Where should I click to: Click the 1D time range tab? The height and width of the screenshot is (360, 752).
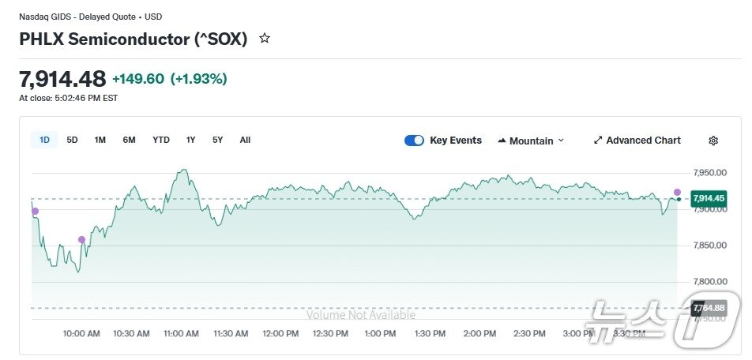[x=45, y=140]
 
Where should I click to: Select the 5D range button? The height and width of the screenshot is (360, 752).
[x=72, y=140]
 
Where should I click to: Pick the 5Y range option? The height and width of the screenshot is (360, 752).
[x=217, y=140]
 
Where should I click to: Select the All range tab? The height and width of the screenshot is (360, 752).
[x=245, y=140]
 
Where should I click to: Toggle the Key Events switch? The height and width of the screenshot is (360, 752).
[x=414, y=141]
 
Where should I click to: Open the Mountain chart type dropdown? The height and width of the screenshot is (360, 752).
[x=531, y=141]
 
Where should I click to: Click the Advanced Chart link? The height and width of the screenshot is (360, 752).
[x=637, y=141]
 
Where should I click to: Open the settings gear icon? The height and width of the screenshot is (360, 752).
[x=713, y=141]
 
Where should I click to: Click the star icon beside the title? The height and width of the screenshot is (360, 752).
[x=265, y=38]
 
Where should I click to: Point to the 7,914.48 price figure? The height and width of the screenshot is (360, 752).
[x=62, y=79]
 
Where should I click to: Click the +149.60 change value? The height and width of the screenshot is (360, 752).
[x=138, y=79]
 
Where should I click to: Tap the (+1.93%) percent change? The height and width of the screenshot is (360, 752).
[x=199, y=79]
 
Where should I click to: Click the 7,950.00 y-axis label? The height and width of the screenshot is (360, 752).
[x=709, y=173]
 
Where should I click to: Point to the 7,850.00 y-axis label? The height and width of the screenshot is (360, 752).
[x=709, y=246]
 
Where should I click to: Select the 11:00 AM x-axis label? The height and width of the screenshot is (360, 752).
[x=181, y=334]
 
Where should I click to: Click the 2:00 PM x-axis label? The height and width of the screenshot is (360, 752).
[x=479, y=334]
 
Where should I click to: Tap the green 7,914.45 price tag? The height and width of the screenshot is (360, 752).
[x=709, y=198]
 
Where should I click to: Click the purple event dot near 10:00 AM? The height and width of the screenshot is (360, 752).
[x=81, y=239]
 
